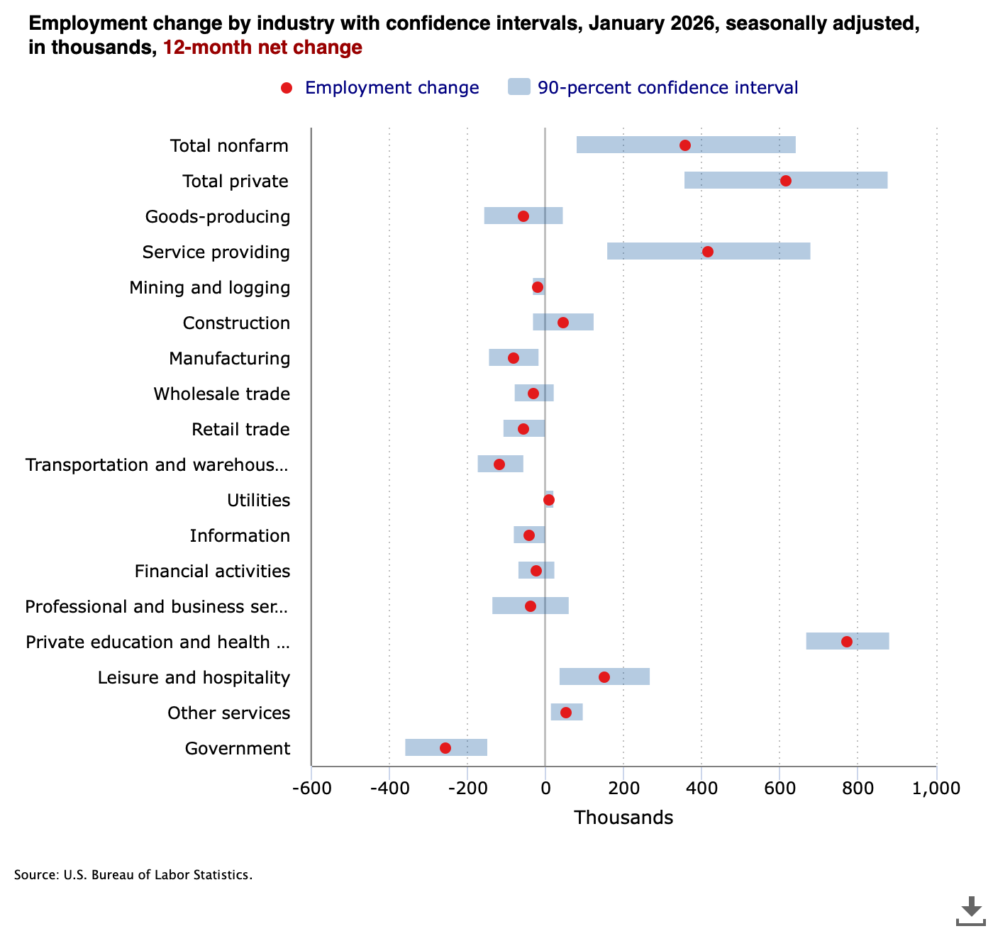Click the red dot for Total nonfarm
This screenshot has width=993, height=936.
click(x=684, y=145)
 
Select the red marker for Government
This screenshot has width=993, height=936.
click(x=445, y=748)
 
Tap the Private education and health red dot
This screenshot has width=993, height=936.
click(x=846, y=642)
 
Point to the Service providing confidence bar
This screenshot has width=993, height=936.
click(x=653, y=252)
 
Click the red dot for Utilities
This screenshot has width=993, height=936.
click(x=548, y=500)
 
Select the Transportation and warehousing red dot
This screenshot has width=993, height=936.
click(x=499, y=464)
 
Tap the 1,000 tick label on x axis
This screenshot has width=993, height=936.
click(x=936, y=788)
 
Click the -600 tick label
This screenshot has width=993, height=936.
click(x=311, y=788)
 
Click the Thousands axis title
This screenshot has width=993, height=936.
click(x=623, y=818)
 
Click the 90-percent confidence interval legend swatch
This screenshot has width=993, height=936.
click(x=519, y=87)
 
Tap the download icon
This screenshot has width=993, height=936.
click(x=970, y=911)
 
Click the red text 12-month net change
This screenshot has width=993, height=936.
click(x=262, y=48)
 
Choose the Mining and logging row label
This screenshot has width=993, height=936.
click(x=209, y=287)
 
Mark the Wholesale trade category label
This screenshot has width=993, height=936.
click(x=221, y=394)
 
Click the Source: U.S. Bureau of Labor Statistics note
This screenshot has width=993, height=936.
click(x=133, y=874)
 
